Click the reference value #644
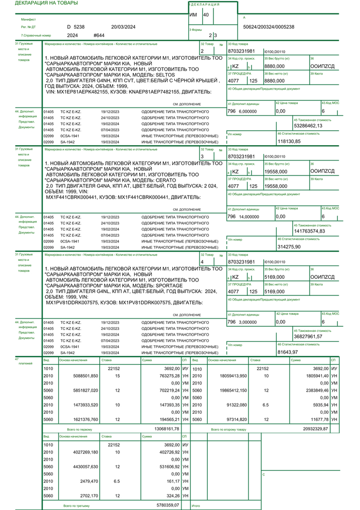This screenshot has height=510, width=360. [99, 36]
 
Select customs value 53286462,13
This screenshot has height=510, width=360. [308, 126]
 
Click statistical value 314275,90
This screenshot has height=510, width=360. [289, 247]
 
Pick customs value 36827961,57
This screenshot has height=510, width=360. [308, 336]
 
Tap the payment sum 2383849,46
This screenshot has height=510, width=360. [316, 391]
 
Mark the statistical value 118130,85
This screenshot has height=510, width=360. [289, 141]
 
